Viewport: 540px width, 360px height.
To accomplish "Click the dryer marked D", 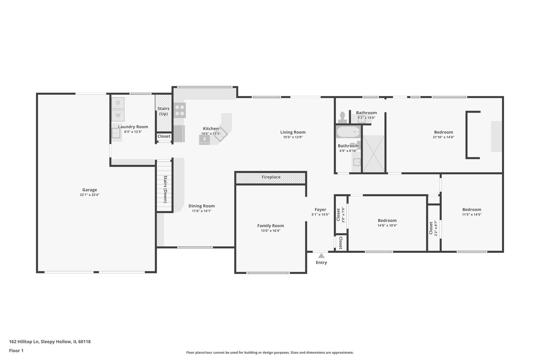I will pyautogui.click(x=118, y=103).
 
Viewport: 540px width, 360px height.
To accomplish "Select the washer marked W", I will pyautogui.click(x=118, y=115).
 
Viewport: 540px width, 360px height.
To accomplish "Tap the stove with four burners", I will pyautogui.click(x=180, y=110).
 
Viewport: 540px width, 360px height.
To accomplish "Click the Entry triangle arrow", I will pyautogui.click(x=321, y=256).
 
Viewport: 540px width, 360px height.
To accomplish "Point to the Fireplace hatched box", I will pyautogui.click(x=271, y=177).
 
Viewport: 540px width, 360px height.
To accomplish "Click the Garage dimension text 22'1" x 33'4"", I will pyautogui.click(x=89, y=195).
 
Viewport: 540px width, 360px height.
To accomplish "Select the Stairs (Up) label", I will pyautogui.click(x=163, y=111).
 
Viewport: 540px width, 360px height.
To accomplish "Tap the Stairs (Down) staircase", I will pyautogui.click(x=165, y=187).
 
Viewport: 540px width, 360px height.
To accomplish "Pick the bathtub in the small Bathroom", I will pyautogui.click(x=348, y=132).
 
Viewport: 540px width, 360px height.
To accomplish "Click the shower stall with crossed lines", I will pyautogui.click(x=373, y=154).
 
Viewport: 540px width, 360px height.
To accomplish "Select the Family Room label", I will pyautogui.click(x=270, y=226).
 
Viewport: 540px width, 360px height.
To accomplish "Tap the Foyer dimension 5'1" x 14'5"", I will pyautogui.click(x=320, y=215).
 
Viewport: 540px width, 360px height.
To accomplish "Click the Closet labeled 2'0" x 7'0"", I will pyautogui.click(x=341, y=215).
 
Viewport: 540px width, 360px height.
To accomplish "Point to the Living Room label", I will pyautogui.click(x=293, y=132).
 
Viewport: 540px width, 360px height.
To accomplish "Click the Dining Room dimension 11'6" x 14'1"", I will pyautogui.click(x=201, y=211).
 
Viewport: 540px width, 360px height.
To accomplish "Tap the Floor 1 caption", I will pyautogui.click(x=16, y=351).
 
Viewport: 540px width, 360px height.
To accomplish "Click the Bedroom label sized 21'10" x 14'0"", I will pyautogui.click(x=443, y=132).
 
